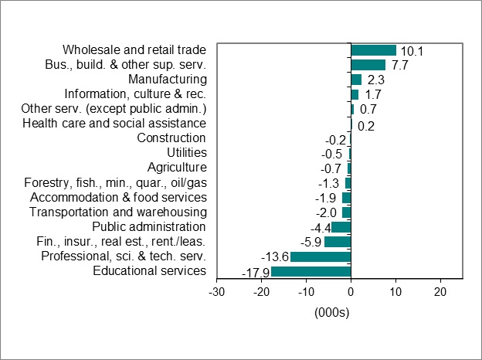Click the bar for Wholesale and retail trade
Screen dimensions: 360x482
click(373, 50)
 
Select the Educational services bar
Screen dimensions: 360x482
click(311, 271)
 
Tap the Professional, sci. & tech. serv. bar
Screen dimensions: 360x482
click(321, 256)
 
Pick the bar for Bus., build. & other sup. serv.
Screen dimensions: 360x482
click(368, 65)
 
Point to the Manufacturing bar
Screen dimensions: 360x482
click(356, 80)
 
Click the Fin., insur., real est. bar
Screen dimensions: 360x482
click(338, 242)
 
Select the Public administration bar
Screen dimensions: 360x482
click(341, 227)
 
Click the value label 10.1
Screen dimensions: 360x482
click(412, 51)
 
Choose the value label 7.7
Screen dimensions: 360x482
click(399, 66)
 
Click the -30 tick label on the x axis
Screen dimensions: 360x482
click(217, 293)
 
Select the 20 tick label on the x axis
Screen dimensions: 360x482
click(440, 293)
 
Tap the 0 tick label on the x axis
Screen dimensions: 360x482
click(351, 293)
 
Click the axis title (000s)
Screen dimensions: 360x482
click(332, 312)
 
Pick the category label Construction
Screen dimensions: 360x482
click(171, 138)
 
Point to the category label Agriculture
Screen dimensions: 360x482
click(177, 168)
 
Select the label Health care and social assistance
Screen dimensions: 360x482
click(114, 124)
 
